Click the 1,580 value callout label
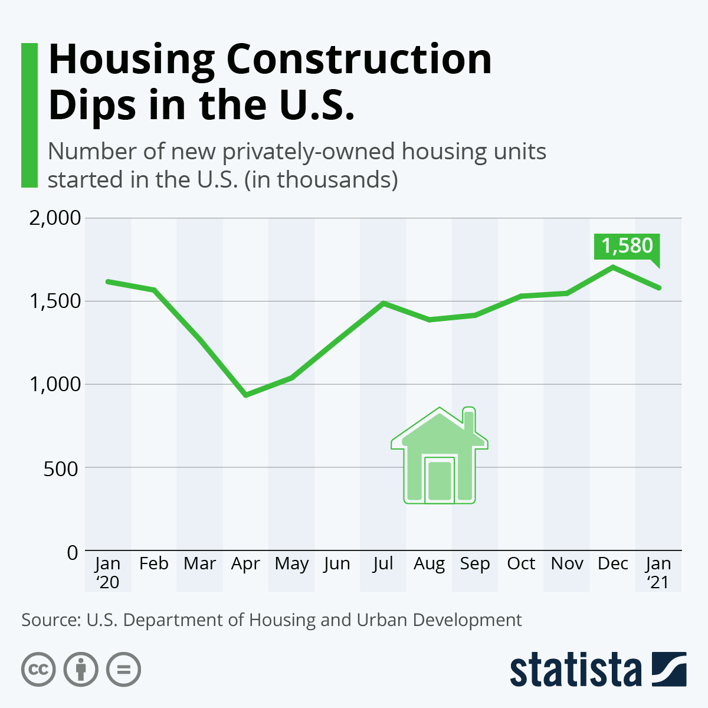tap(627, 246)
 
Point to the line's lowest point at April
tap(245, 395)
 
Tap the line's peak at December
tap(614, 267)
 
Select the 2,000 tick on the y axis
tap(55, 218)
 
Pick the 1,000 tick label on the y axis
tap(55, 385)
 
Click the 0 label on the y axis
tap(73, 552)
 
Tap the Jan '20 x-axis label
tap(107, 572)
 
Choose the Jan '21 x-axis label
tap(658, 572)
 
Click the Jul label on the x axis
tap(383, 563)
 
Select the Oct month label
tap(521, 563)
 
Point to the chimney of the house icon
tap(469, 420)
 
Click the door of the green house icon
tap(440, 480)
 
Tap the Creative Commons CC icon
tap(39, 670)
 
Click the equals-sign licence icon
tap(124, 670)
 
